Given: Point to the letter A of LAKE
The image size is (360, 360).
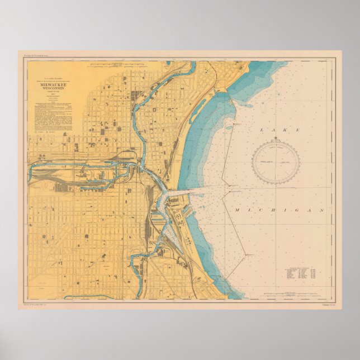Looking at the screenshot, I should click(x=273, y=130).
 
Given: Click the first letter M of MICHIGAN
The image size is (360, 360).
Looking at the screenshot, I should click(x=237, y=210).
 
